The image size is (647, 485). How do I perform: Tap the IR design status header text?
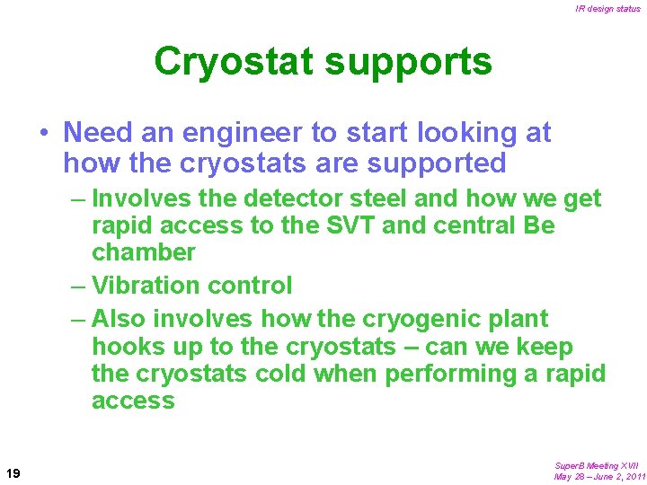pos(607,9)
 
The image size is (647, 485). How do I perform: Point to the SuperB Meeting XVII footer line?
pos(596,465)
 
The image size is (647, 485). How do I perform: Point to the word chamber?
pos(143,253)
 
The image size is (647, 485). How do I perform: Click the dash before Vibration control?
pos(77,286)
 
